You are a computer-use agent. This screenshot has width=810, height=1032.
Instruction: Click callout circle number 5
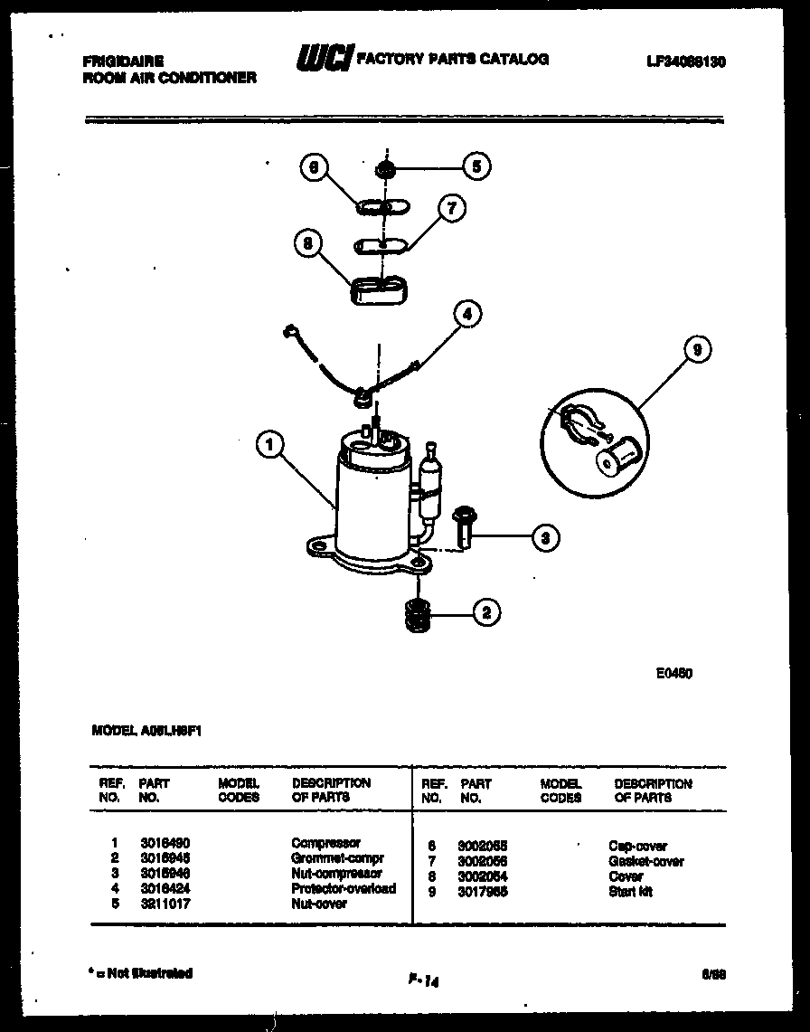coord(476,166)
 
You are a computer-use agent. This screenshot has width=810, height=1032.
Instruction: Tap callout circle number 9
coord(698,350)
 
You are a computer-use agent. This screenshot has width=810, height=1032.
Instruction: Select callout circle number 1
coord(269,445)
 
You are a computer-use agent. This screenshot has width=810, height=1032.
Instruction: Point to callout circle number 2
coord(486,612)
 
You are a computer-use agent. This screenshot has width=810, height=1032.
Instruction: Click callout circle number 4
coord(466,315)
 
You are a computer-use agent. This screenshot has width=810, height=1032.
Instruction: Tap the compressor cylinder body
coord(371,507)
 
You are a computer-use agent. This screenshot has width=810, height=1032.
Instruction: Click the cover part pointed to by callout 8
coord(378,291)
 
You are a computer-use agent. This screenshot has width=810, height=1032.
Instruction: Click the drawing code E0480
coord(674,673)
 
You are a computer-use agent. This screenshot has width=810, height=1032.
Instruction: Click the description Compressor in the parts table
coord(325,843)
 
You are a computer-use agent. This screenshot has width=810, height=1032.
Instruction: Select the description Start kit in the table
coord(630,892)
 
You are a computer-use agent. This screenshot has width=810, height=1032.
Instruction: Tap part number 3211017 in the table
coord(165,904)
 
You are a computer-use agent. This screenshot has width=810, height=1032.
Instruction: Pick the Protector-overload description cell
coord(344,889)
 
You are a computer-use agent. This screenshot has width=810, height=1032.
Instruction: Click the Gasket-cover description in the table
coord(645,861)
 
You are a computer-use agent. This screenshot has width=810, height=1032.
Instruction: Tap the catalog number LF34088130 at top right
coord(686,62)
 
